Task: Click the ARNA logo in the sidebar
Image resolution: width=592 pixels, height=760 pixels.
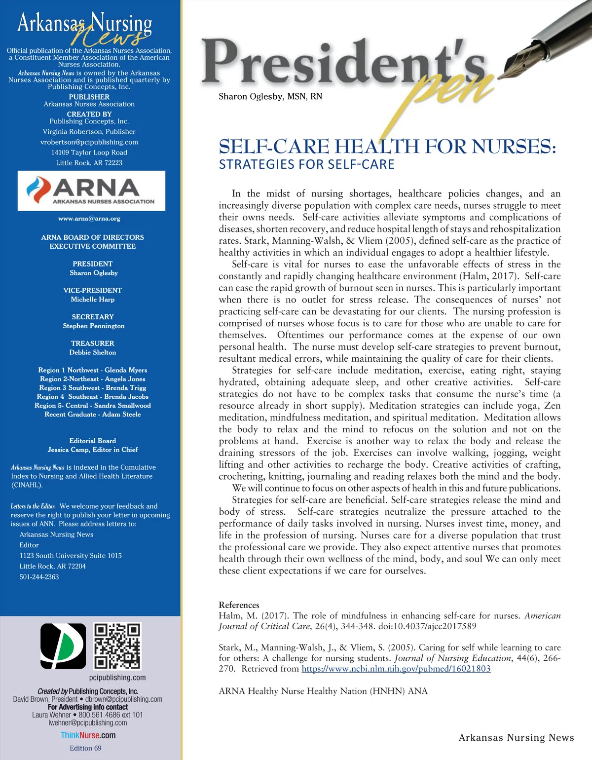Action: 91,190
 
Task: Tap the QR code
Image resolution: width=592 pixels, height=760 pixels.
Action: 117,646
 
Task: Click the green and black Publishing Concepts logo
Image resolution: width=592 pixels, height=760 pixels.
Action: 63,646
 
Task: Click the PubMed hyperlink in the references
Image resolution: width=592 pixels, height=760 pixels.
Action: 396,669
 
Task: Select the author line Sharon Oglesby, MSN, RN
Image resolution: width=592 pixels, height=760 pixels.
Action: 270,96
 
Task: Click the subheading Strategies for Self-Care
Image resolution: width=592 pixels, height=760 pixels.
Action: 306,164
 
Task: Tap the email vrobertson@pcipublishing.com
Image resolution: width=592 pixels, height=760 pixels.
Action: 89,142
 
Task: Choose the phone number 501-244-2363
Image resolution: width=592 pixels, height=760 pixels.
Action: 39,576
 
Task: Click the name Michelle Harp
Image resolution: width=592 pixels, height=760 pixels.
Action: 93,300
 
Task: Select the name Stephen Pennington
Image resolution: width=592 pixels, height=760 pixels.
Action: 94,326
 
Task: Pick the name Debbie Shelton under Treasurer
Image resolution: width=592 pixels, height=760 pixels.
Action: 93,352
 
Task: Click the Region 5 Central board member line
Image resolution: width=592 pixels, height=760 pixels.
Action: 93,405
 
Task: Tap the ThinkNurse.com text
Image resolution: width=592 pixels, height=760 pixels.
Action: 88,735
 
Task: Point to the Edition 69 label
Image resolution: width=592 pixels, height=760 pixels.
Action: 85,748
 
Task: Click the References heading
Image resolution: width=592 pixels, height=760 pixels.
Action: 239,605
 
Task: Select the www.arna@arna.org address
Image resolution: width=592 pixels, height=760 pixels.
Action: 89,218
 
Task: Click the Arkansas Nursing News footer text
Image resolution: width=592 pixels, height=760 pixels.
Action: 516,738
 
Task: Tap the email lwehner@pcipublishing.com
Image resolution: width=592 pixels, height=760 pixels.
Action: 88,722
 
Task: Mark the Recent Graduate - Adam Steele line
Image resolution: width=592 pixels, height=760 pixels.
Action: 93,414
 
